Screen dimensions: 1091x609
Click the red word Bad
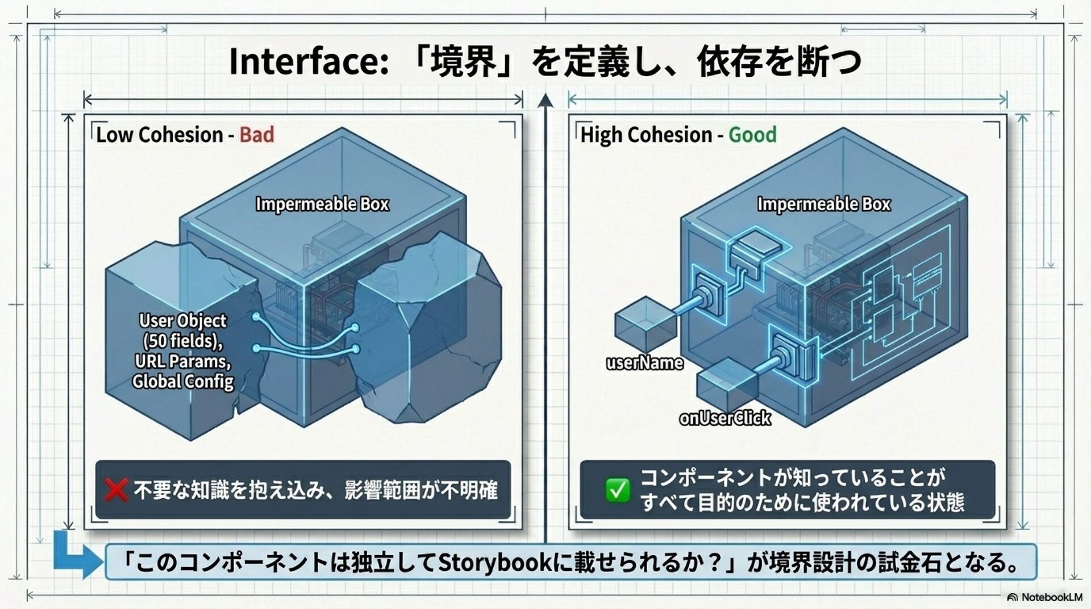(256, 135)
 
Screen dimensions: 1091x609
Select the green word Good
(752, 135)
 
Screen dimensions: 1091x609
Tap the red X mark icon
(116, 489)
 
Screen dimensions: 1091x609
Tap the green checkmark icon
(617, 490)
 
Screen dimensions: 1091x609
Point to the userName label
(644, 363)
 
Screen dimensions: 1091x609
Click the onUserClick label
(724, 418)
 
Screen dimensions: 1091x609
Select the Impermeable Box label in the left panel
(322, 204)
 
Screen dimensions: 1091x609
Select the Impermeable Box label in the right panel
(823, 204)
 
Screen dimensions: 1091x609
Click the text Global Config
(183, 381)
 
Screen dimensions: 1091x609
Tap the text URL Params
(182, 361)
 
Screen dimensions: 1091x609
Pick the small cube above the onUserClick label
(727, 385)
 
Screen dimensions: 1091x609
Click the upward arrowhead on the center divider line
(545, 101)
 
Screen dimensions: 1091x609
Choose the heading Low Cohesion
(159, 135)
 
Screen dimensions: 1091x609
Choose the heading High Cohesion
(646, 135)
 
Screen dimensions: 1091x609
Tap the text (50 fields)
(182, 341)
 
